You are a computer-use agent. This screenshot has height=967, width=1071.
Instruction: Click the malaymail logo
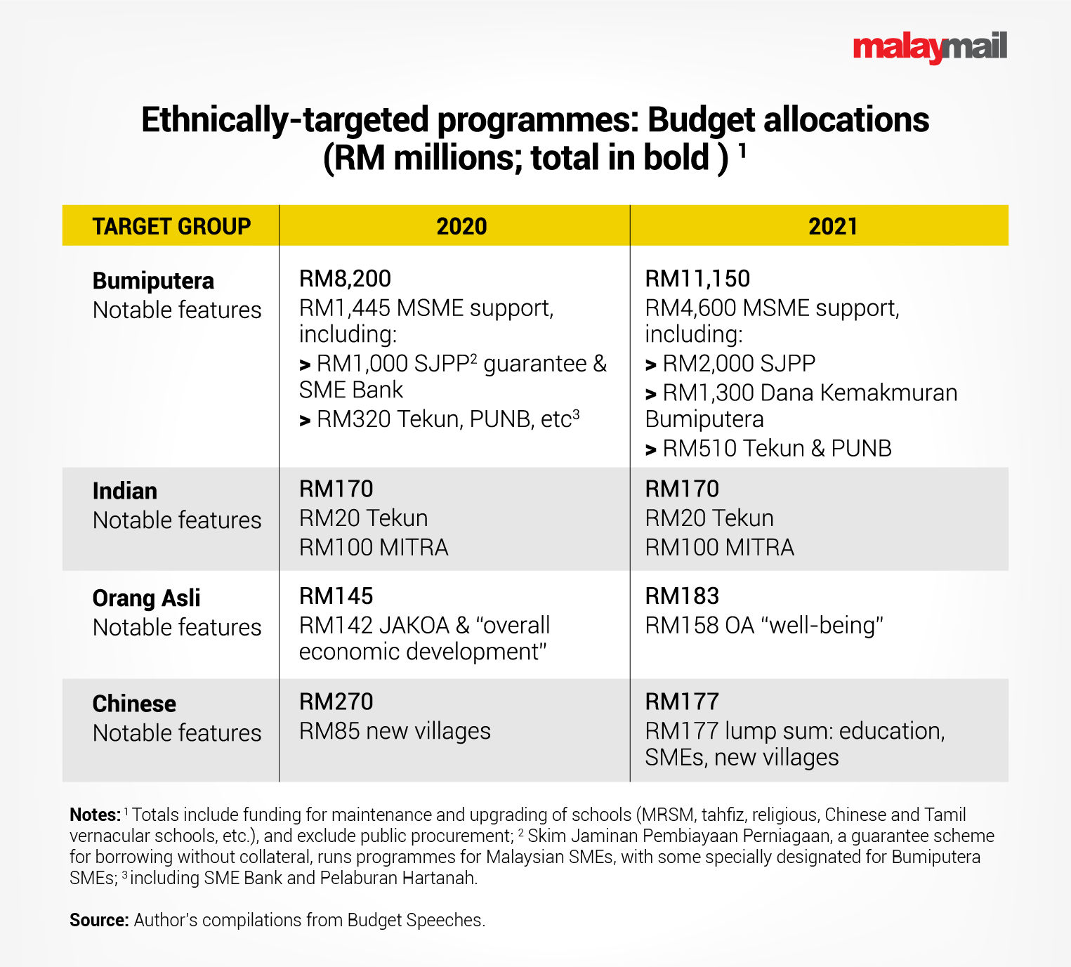(929, 47)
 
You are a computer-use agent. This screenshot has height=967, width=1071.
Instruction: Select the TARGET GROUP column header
(171, 226)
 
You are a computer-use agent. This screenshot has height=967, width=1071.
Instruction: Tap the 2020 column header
(461, 226)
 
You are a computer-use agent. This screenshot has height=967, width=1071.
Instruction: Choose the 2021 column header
(832, 226)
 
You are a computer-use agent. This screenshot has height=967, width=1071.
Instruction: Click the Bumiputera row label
(153, 281)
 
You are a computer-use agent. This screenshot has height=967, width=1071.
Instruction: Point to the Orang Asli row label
(146, 598)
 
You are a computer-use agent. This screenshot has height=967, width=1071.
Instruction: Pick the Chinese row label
(134, 704)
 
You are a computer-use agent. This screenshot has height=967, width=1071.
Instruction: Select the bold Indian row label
(125, 491)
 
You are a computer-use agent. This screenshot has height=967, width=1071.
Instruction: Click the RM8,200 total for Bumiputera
(345, 279)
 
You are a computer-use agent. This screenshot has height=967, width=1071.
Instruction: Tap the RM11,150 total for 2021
(697, 279)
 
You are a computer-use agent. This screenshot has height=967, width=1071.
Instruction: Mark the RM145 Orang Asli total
(336, 596)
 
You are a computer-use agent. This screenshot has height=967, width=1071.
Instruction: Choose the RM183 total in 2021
(682, 596)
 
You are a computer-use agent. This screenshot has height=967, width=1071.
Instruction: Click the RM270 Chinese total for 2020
(336, 702)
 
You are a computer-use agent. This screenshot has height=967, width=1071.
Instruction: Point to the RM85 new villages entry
(395, 731)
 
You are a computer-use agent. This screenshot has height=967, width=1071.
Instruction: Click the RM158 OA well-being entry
(763, 625)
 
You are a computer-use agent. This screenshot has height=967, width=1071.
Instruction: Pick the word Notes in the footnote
(95, 815)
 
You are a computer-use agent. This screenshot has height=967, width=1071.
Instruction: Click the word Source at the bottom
(98, 921)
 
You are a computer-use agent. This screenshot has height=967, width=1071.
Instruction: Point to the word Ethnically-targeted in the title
(284, 120)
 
